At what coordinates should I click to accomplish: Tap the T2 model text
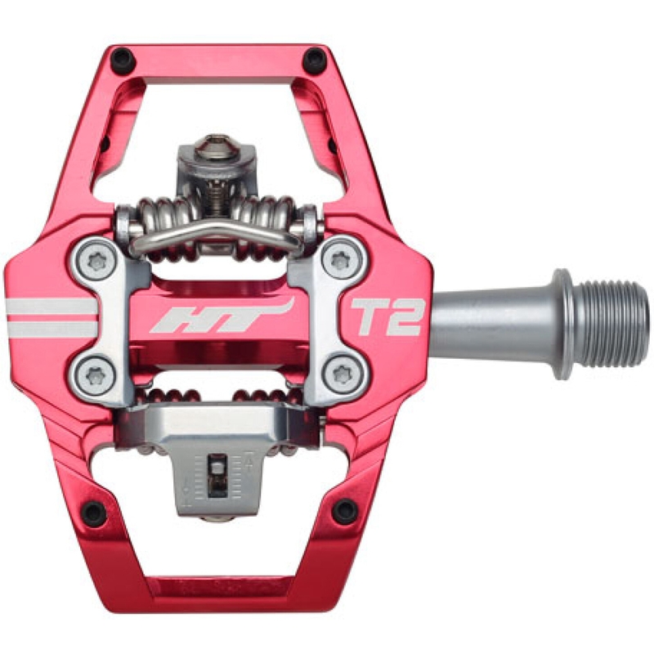click(x=387, y=317)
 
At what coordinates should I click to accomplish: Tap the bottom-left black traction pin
click(x=94, y=513)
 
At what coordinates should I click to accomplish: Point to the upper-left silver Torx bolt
click(x=96, y=262)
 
